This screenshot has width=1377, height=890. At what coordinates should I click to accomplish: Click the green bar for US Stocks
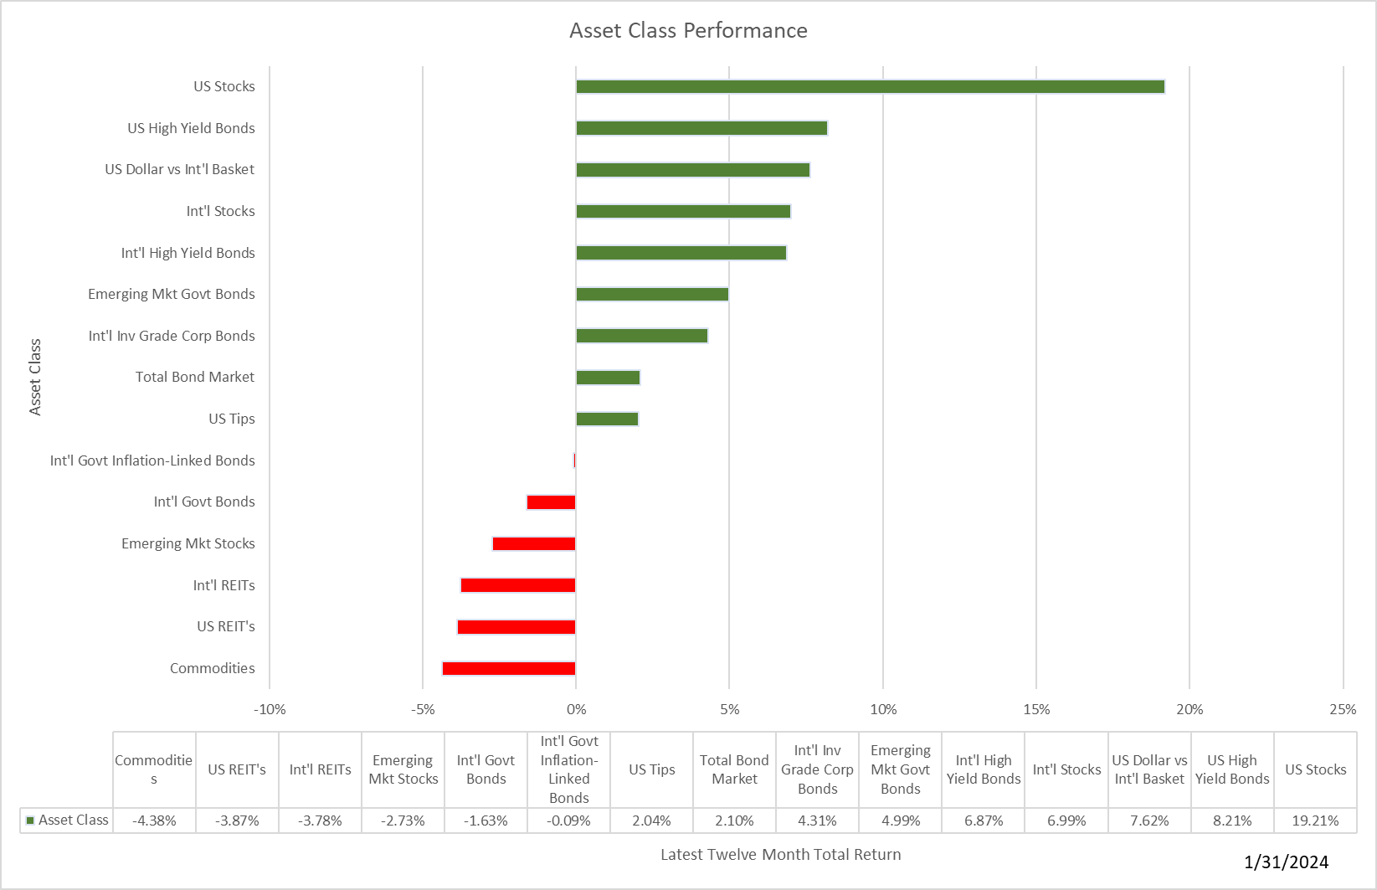click(870, 87)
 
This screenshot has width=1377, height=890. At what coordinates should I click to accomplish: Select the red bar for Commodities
click(509, 668)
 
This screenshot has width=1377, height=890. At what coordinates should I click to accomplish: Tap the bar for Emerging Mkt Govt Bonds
click(652, 295)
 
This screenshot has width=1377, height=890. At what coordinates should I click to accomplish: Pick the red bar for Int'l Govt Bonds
click(551, 502)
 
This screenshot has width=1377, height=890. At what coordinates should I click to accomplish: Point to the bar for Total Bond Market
click(608, 378)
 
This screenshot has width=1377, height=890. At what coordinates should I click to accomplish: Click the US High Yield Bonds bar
click(701, 128)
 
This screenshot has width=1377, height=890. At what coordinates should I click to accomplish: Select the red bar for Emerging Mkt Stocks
click(534, 544)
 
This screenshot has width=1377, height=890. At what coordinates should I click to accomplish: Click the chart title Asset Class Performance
click(688, 31)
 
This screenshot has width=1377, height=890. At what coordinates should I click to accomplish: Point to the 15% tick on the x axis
click(1036, 710)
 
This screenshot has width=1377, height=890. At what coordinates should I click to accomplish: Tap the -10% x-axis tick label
click(270, 710)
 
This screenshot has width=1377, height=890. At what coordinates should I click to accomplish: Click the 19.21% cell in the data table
click(1315, 821)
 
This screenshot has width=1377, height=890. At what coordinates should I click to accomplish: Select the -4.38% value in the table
click(154, 821)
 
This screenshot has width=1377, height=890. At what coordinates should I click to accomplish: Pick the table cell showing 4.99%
click(900, 821)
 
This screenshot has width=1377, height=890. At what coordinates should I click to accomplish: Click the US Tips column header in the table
click(651, 770)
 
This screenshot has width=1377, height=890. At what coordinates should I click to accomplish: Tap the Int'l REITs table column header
click(320, 770)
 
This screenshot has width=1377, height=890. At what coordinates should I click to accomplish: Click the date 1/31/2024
click(1286, 862)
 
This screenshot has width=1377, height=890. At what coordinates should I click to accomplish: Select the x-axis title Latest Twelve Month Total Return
click(780, 855)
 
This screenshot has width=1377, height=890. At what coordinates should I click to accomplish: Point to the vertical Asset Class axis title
click(35, 377)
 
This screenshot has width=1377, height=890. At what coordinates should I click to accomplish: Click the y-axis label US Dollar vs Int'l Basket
click(179, 170)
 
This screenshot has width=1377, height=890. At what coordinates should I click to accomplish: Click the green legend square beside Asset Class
click(30, 821)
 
